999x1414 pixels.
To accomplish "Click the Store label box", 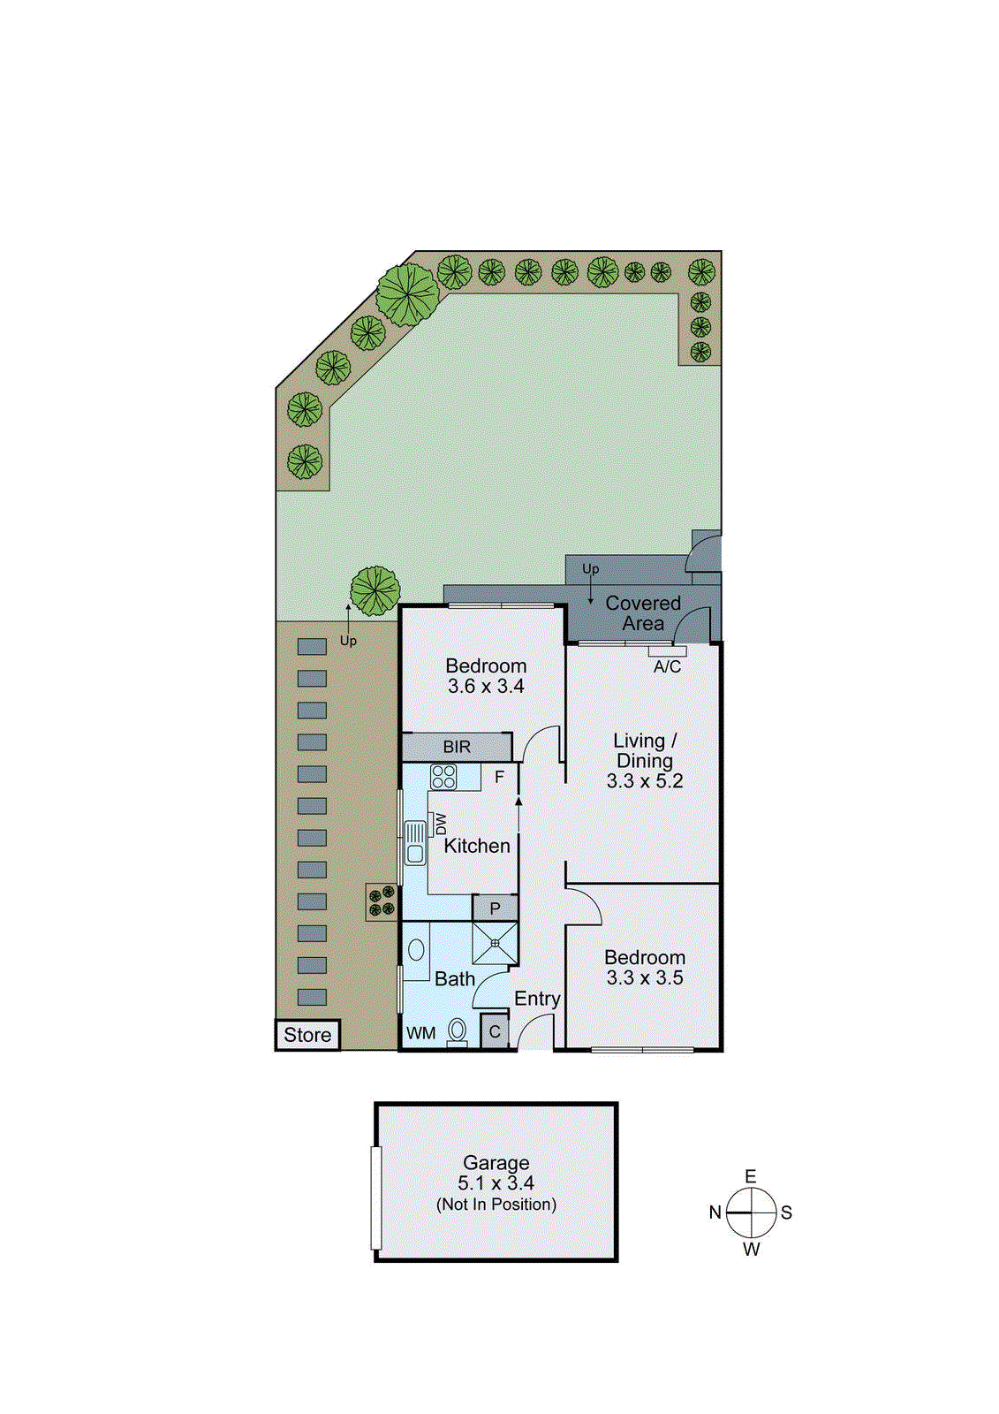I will [x=307, y=1035].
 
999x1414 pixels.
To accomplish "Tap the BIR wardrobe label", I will [x=457, y=747].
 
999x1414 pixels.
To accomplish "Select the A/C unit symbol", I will [x=667, y=651].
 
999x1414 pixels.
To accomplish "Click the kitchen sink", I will [x=414, y=842].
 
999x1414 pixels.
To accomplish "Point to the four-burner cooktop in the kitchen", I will [x=443, y=777].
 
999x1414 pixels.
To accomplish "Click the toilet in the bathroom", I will [x=457, y=1030].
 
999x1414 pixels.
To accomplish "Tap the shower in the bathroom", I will [x=495, y=944].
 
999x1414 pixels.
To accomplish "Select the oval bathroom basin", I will [x=416, y=950].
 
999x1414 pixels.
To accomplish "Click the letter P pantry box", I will [x=495, y=908].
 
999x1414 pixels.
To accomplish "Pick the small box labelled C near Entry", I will [x=495, y=1031].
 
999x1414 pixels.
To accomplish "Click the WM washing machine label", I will [x=420, y=1033].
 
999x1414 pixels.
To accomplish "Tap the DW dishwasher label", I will [x=441, y=825].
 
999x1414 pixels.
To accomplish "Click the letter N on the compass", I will [x=715, y=1213].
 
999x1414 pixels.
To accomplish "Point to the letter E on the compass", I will [x=751, y=1176].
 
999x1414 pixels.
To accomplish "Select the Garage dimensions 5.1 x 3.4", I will [x=496, y=1183].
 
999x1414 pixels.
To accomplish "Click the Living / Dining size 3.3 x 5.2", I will [x=644, y=781].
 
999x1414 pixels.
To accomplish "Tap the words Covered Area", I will [x=642, y=613].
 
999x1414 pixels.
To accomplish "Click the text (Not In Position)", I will [x=496, y=1205].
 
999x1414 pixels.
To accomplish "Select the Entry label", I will [x=537, y=999].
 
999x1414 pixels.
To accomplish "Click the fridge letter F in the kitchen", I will [x=499, y=777].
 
